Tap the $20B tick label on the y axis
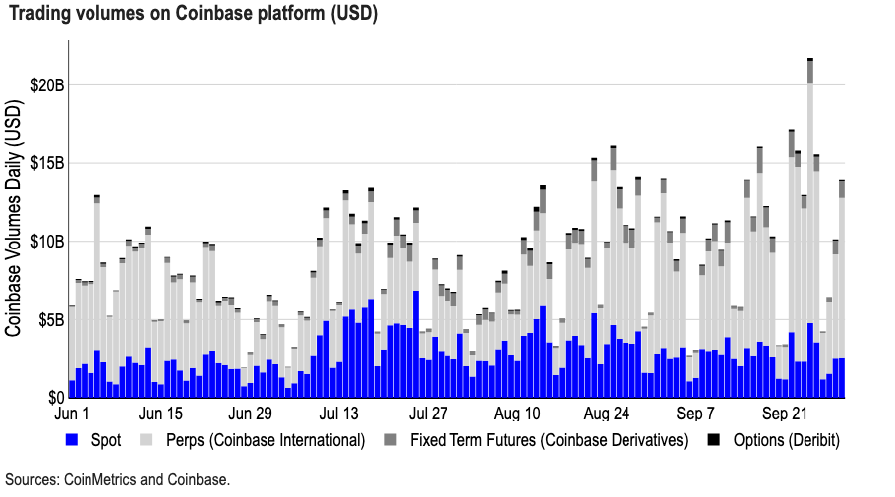pos(45,85)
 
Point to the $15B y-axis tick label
pos(45,163)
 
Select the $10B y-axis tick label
pos(45,242)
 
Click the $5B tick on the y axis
pos(49,320)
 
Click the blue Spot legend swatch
pos(71,439)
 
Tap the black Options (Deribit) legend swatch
pos(713,439)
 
